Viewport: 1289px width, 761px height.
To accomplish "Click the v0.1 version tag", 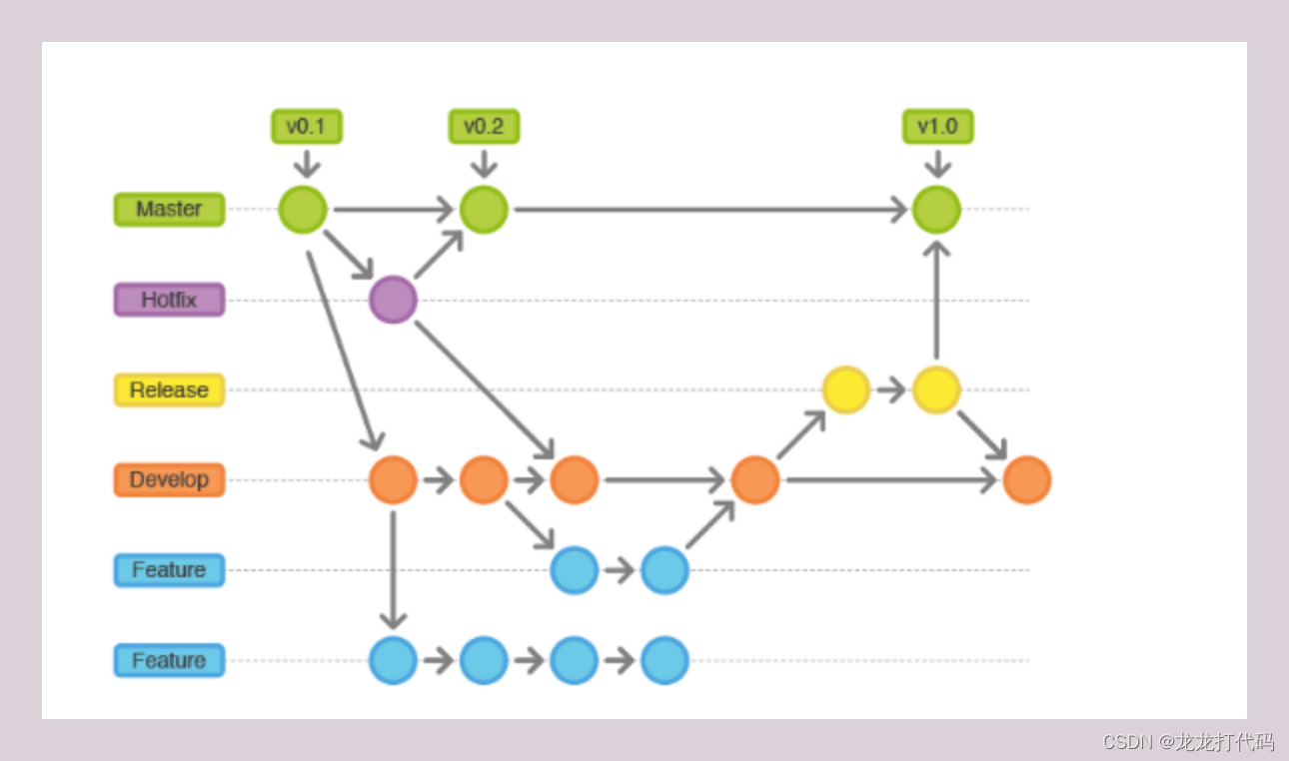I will tap(307, 127).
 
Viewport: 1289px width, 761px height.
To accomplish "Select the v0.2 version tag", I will tap(484, 127).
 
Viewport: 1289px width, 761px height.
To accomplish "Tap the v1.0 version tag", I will tap(937, 127).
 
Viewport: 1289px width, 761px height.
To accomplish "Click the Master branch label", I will tap(169, 209).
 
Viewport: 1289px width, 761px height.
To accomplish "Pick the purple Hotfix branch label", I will tap(169, 300).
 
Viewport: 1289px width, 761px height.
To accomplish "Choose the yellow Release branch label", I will tap(169, 389).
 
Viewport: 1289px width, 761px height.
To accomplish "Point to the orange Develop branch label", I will tap(169, 479).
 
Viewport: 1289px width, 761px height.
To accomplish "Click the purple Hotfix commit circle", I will tap(393, 300).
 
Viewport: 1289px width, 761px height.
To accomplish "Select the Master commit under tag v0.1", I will tap(303, 210).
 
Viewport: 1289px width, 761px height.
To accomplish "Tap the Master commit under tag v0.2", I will tap(484, 210).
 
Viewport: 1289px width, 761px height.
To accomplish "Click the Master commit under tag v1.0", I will tap(936, 210).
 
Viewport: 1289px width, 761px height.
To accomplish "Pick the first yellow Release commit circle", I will tap(846, 389).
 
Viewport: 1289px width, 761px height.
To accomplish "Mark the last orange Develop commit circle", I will tap(1027, 480).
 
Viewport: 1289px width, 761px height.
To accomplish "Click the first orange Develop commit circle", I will tap(393, 480).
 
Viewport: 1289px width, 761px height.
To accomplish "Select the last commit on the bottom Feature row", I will tap(664, 660).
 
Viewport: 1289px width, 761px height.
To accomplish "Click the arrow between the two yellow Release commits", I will tap(891, 389).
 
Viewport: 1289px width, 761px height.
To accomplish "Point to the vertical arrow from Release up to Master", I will tap(936, 300).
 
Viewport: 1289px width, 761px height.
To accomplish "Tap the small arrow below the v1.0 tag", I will tap(937, 163).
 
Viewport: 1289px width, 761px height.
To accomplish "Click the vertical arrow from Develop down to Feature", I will tap(393, 569).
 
